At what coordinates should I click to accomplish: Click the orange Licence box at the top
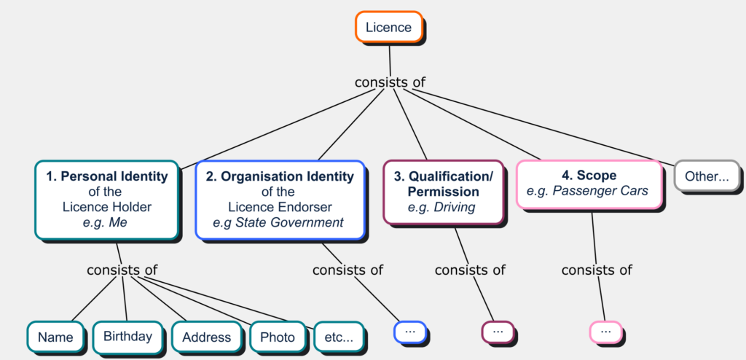point(388,28)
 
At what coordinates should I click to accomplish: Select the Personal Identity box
point(106,199)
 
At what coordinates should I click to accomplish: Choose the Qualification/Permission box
point(443,192)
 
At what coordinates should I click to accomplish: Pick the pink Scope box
point(589,184)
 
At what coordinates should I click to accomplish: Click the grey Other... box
point(707,176)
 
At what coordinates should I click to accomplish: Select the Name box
point(55,337)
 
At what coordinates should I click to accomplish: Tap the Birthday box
point(127,336)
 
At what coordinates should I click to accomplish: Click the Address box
point(206,337)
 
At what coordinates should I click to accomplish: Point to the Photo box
point(277,337)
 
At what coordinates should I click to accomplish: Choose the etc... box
point(338,337)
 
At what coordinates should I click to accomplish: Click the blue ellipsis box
point(409,331)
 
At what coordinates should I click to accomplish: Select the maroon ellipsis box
point(498,331)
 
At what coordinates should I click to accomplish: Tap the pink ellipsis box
point(605,331)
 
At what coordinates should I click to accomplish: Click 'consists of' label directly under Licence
point(390,82)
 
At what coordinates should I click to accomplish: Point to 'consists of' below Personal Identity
point(122,270)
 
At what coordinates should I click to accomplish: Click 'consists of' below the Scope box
point(597,270)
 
